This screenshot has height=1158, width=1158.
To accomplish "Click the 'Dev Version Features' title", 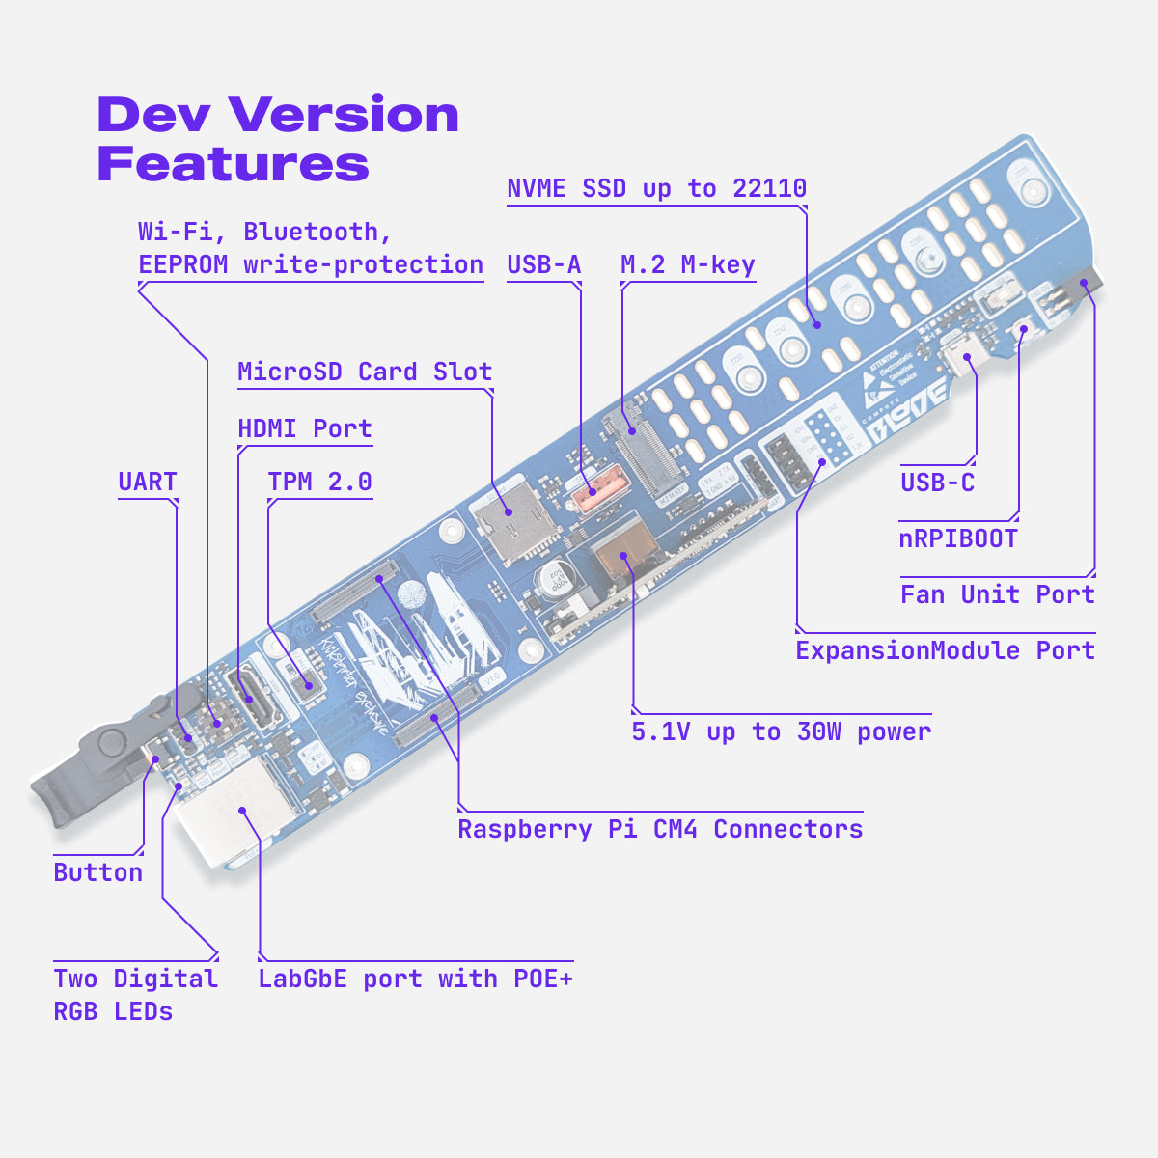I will point(278,138).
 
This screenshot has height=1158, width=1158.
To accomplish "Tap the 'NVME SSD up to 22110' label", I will point(656,188).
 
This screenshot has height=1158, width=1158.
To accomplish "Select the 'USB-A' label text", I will point(544,264).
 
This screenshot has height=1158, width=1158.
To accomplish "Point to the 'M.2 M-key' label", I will point(687,264).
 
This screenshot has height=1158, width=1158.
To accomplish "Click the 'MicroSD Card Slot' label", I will point(365,372).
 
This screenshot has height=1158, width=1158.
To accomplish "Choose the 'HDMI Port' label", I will point(305,428).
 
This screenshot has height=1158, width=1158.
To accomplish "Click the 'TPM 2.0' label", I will point(319,482).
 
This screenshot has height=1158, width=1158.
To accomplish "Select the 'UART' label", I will point(148,482).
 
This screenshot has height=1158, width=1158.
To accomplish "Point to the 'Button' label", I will point(98,872).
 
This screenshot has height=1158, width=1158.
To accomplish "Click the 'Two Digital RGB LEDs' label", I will point(135,995).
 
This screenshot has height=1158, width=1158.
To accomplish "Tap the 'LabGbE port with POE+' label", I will point(415,979).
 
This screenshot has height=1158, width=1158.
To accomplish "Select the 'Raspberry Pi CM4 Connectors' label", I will point(660,829).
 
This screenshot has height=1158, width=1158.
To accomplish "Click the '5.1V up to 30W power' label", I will point(782,731).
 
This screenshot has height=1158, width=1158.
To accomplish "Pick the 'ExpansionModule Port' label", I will point(945,650).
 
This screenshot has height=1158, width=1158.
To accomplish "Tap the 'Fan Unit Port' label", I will point(997,594).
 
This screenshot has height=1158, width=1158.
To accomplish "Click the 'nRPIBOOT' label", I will point(958,538).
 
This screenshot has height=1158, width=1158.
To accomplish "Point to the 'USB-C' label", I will point(937,482).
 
